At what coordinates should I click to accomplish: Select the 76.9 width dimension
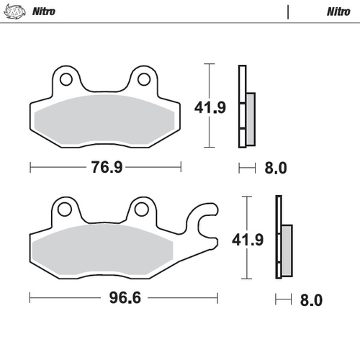coord(105,168)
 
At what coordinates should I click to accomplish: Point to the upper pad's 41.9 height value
coord(210,109)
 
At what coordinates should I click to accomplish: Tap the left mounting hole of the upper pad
coord(66,78)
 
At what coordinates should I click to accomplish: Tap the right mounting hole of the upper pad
coord(143,78)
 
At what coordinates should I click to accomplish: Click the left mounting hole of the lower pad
coord(66,210)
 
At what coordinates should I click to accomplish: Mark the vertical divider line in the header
coord(288,12)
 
